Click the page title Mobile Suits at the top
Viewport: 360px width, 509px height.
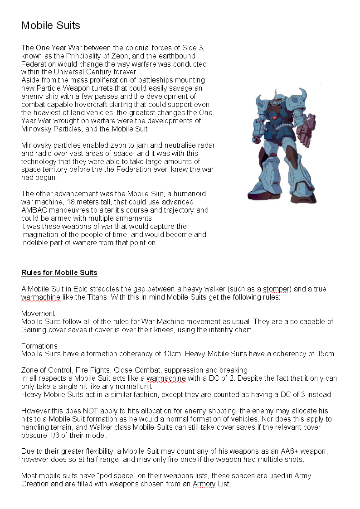(51, 25)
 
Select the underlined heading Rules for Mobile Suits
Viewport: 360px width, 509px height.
(59, 272)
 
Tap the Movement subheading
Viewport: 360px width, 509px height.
(38, 313)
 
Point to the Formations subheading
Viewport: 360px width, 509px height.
(39, 346)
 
